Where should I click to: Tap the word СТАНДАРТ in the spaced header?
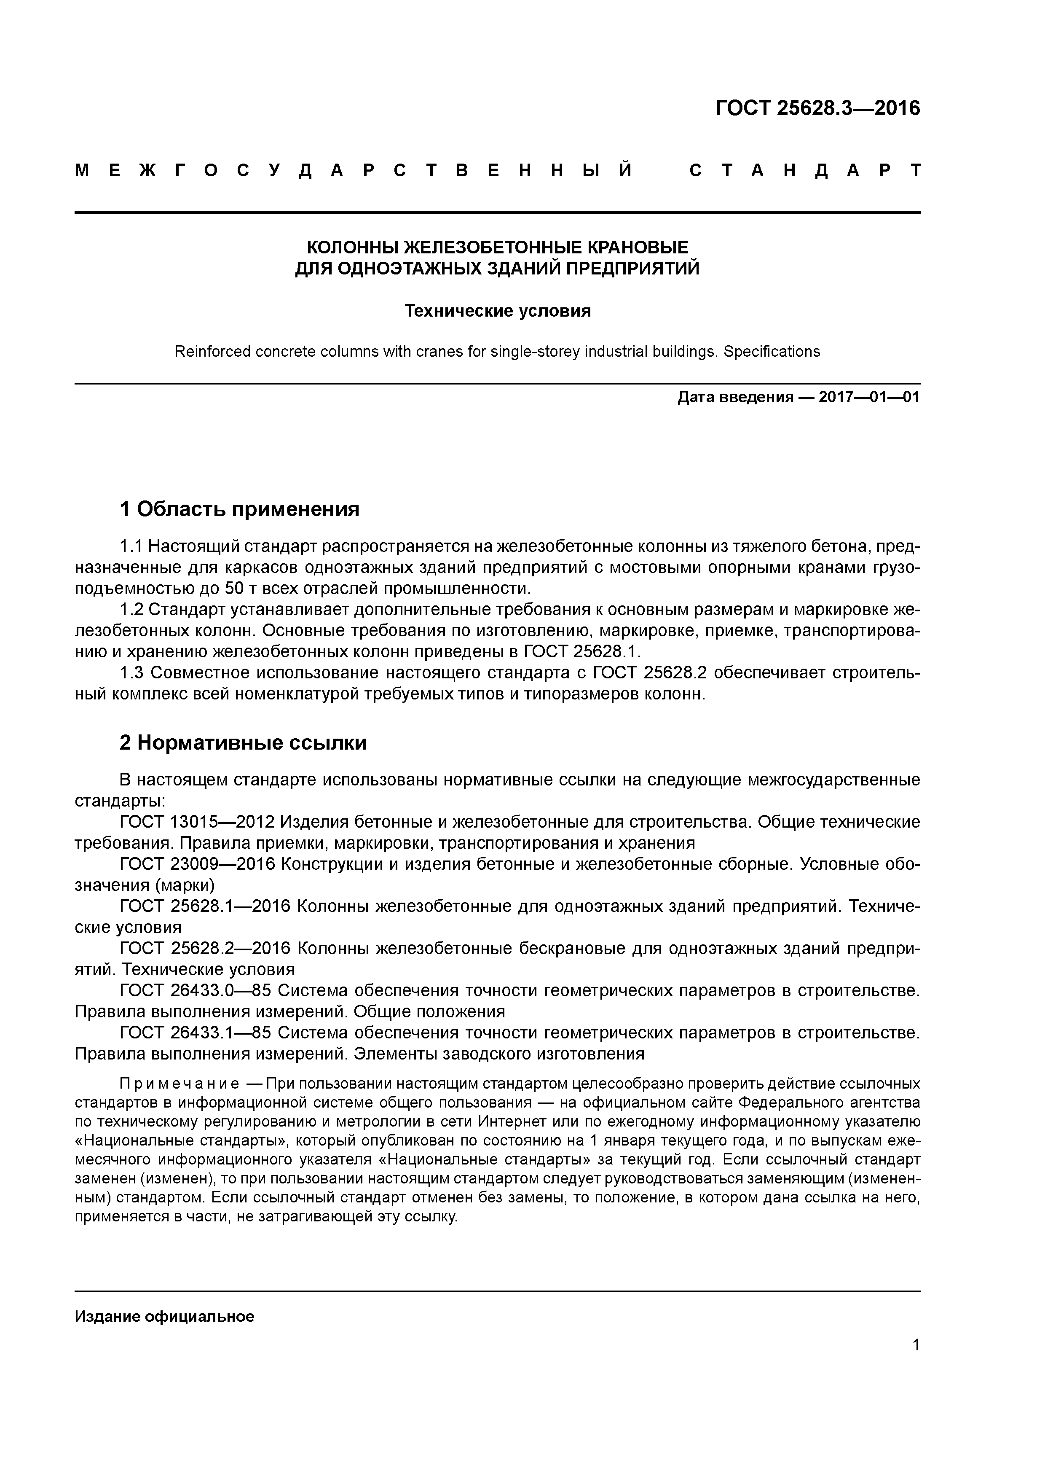click(805, 171)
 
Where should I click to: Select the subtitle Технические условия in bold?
click(497, 311)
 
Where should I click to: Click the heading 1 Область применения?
click(239, 510)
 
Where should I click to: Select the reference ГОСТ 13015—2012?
click(197, 822)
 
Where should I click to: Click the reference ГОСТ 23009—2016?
click(197, 864)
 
